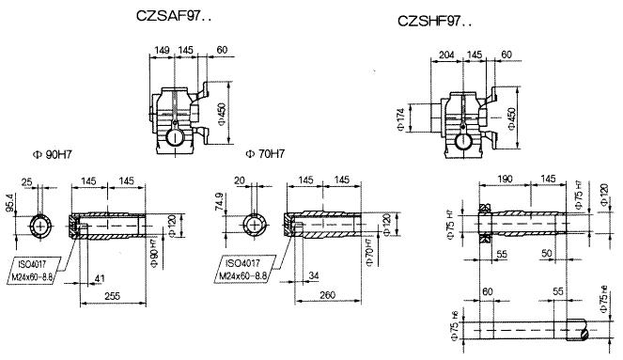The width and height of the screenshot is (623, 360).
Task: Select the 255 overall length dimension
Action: [x=112, y=296]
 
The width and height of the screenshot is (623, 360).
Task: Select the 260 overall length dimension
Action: [x=327, y=296]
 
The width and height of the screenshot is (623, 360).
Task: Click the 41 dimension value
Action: [x=100, y=278]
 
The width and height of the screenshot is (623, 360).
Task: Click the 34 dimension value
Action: [x=313, y=275]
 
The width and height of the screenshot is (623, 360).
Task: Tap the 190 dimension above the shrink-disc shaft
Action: [x=506, y=178]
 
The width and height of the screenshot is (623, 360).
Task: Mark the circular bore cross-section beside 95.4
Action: [x=42, y=226]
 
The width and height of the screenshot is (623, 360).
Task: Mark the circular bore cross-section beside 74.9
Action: [x=255, y=226]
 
